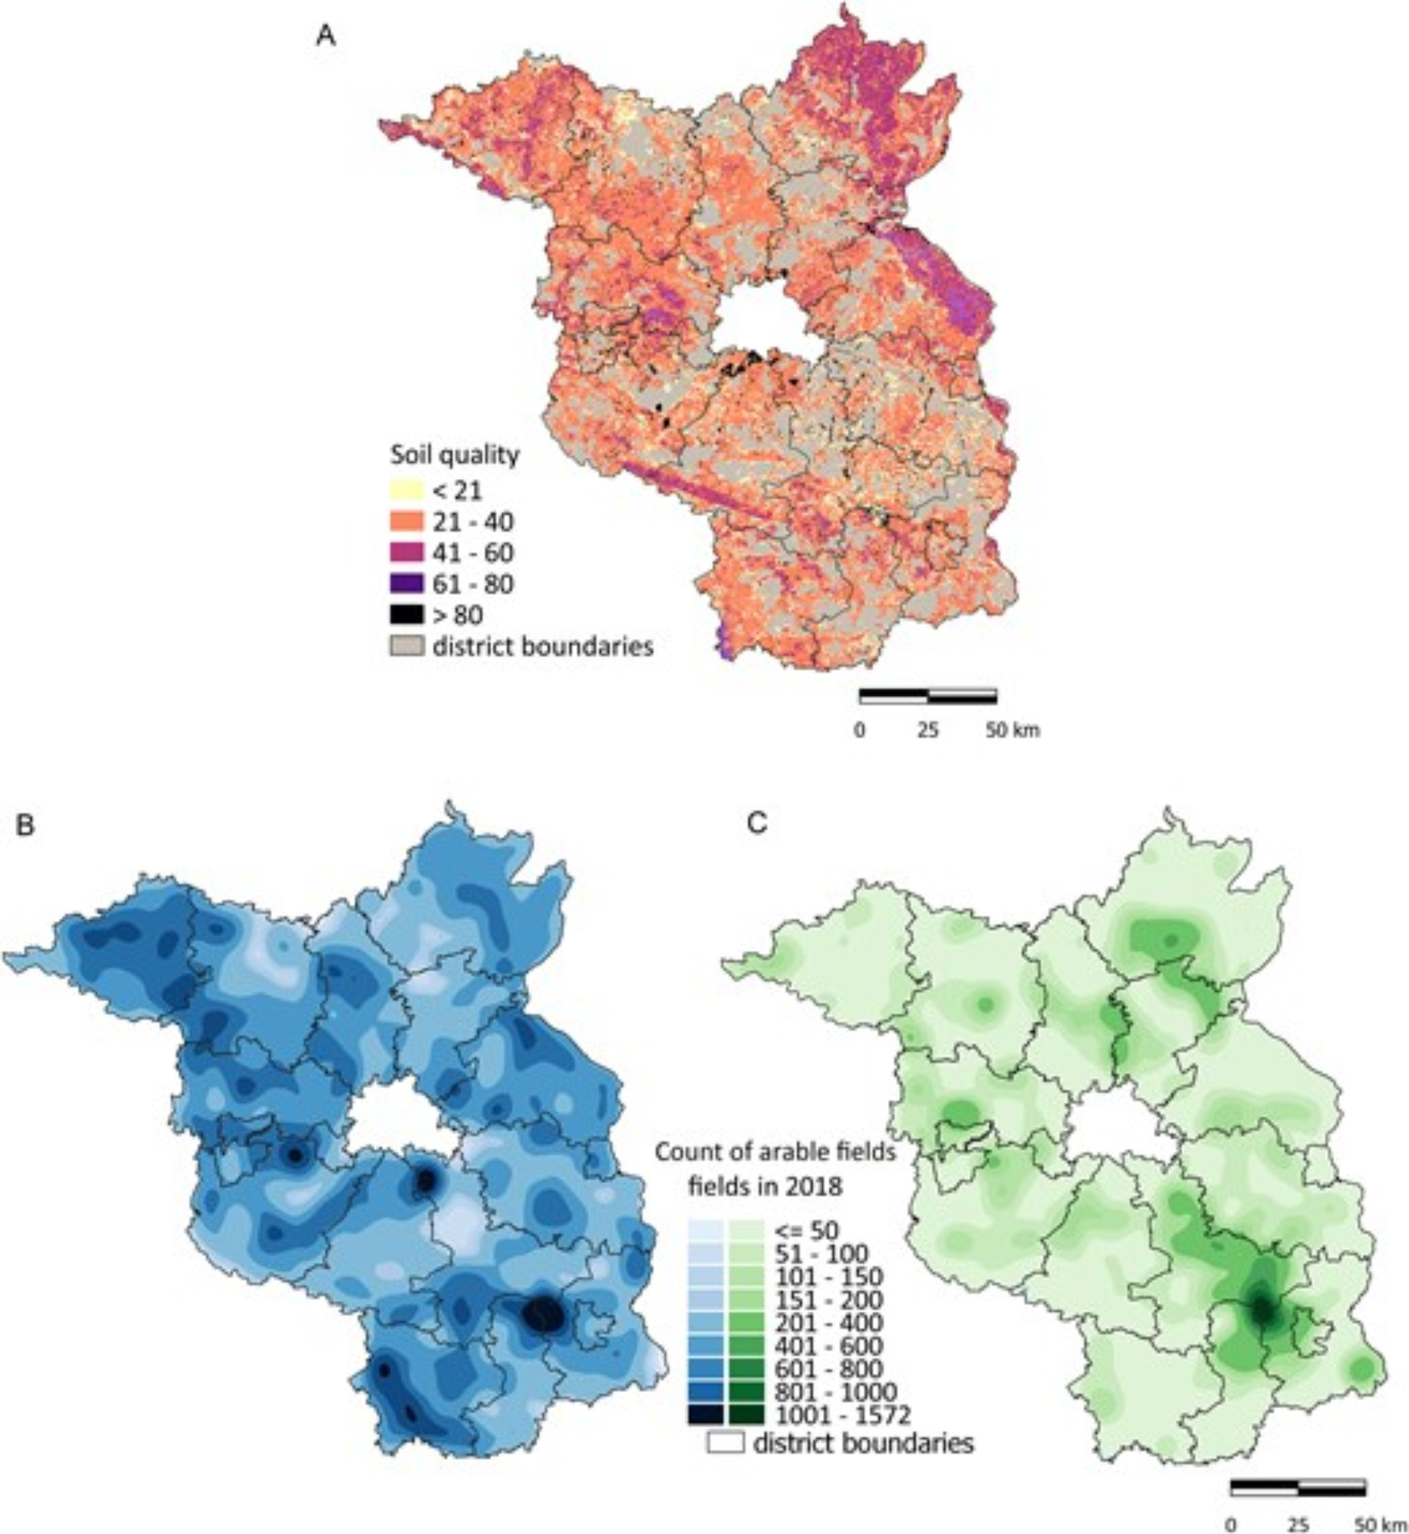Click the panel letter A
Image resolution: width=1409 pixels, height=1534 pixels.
point(326,36)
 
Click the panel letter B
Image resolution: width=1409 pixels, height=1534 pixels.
point(25,826)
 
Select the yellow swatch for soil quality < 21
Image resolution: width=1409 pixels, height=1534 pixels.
point(406,490)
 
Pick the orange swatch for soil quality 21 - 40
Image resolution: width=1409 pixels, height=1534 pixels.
point(406,521)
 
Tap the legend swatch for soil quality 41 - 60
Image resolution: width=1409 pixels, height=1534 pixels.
point(406,553)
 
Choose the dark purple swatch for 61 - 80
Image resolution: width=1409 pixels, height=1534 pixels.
point(406,583)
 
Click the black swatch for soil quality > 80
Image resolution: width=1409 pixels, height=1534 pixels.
point(406,615)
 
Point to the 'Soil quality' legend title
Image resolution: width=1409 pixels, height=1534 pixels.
point(454,455)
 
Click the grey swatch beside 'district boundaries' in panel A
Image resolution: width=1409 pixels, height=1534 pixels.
point(406,646)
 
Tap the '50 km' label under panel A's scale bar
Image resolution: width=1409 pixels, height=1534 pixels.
point(1012,730)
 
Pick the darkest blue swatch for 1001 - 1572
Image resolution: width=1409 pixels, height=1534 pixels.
point(704,1414)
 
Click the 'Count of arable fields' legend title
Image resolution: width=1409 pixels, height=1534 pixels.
point(775,1152)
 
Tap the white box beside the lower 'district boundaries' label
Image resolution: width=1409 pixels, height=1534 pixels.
point(725,1443)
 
